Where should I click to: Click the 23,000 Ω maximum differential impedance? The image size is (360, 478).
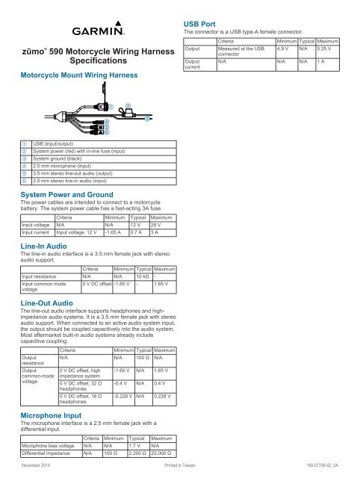click(163, 453)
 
